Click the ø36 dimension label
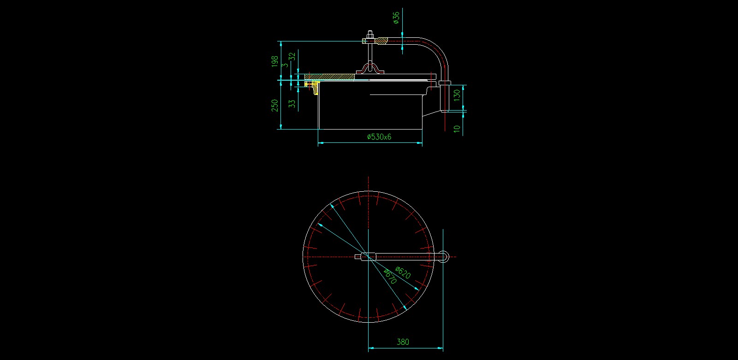click(396, 18)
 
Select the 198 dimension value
click(274, 62)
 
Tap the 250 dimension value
click(274, 106)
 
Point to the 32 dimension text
click(292, 57)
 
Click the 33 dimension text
click(292, 104)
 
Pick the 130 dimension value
click(457, 95)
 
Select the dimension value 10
click(457, 129)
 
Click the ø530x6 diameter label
click(379, 137)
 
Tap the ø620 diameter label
click(403, 272)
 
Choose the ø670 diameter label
click(390, 277)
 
